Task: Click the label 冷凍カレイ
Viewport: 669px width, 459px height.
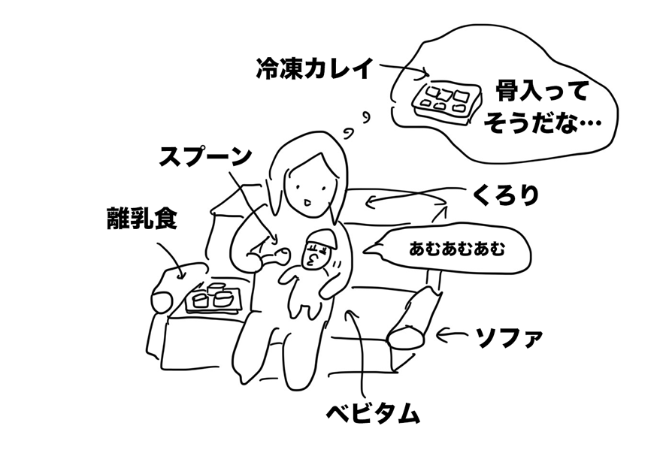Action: pos(314,69)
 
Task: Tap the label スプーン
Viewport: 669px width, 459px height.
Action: pos(204,156)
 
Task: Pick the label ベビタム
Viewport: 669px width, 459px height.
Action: pos(371,413)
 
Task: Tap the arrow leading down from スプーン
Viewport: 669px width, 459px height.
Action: pos(252,203)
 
